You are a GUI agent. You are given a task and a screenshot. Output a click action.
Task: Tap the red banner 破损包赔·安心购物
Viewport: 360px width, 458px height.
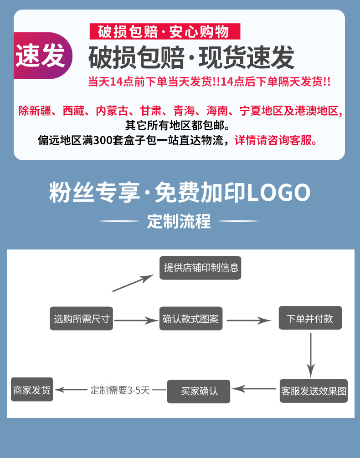163,32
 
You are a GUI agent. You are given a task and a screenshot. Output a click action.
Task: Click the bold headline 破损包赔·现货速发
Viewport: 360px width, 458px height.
191,58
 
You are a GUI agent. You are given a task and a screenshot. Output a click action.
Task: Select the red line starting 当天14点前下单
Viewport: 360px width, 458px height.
209,82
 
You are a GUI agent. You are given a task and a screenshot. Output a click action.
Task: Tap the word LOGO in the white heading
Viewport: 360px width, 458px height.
278,193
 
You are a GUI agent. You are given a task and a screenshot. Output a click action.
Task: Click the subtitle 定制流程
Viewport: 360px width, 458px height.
179,222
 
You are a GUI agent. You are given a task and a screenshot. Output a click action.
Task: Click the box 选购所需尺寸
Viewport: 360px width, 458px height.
81,319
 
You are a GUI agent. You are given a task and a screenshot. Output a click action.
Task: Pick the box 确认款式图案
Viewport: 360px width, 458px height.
190,319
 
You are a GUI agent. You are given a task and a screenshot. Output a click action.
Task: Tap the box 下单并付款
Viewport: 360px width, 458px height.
310,318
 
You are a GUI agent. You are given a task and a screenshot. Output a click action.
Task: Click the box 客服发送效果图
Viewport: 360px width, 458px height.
314,391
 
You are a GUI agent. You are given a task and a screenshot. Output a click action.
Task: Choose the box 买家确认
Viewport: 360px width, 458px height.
199,391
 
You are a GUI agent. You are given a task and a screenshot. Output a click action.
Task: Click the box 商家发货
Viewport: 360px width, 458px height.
32,390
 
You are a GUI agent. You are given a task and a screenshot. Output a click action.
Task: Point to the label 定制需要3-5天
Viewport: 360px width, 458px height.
120,390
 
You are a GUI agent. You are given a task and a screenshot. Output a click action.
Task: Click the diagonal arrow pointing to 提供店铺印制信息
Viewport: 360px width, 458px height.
133,283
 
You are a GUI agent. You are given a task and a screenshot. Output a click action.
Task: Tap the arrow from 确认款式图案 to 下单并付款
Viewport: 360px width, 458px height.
249,321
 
